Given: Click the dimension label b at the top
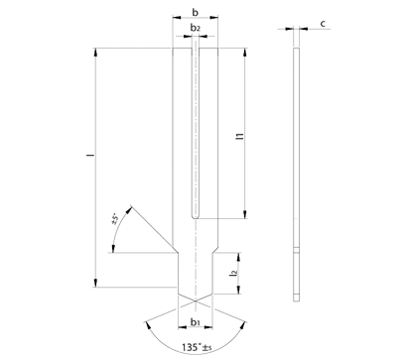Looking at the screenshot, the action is tap(196, 13).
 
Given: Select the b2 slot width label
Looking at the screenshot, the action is tap(196, 28).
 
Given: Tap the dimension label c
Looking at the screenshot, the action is tap(323, 24).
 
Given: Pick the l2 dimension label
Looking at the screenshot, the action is tap(234, 273).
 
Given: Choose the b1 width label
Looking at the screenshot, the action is tap(195, 321).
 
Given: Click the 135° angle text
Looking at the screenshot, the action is tap(192, 347).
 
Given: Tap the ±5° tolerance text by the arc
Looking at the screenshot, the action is tap(115, 219).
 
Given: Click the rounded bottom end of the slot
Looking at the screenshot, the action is tap(196, 217).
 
